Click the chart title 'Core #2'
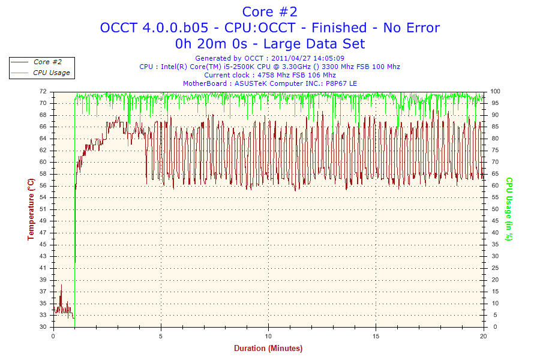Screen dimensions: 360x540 [x=269, y=11]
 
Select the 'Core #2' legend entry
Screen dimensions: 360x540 [x=47, y=62]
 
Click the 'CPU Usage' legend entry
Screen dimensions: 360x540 [x=51, y=73]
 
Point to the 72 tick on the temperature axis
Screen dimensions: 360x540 [x=43, y=92]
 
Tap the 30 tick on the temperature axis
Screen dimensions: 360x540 [x=43, y=327]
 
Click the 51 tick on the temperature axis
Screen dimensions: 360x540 [x=43, y=209]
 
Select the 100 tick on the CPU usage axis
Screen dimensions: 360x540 [x=496, y=92]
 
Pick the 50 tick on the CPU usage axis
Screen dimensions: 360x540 [x=494, y=209]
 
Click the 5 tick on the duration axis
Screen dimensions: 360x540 [x=161, y=335]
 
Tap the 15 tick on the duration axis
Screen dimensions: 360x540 [x=376, y=335]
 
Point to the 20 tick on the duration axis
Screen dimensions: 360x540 [x=483, y=335]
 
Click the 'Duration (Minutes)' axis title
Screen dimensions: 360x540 [x=268, y=348]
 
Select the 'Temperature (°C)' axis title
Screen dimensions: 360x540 [x=31, y=209]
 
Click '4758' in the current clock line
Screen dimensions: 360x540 [x=266, y=75]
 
